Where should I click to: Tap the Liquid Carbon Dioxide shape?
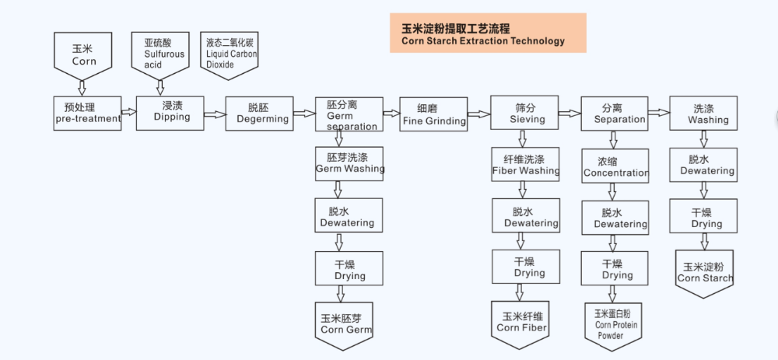(230, 53)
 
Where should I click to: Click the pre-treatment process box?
(88, 114)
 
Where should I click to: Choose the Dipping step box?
(170, 113)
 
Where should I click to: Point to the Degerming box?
(259, 114)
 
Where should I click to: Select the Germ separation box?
(349, 114)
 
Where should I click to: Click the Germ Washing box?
(349, 163)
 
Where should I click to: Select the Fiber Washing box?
(525, 165)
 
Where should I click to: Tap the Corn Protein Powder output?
(613, 323)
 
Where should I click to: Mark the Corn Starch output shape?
(704, 273)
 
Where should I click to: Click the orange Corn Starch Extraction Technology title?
(488, 33)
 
